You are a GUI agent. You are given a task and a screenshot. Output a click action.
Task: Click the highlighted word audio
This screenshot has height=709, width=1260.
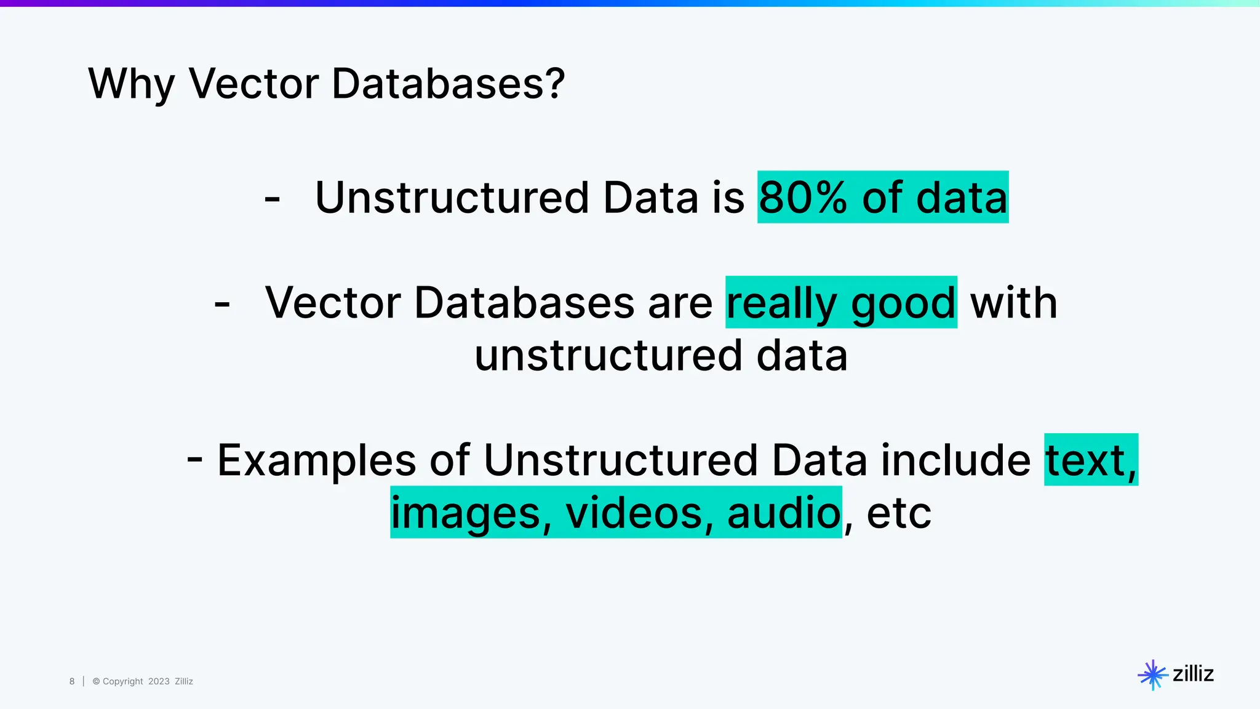coord(784,513)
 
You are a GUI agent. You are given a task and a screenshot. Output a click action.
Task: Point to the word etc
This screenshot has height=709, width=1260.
coord(899,513)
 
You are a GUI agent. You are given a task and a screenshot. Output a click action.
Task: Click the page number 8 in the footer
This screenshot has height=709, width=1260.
coord(72,681)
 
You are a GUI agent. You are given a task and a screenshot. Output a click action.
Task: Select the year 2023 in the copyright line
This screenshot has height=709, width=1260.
coord(159,681)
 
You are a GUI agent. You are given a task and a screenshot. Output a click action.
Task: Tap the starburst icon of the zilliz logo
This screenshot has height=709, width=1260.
coord(1152,675)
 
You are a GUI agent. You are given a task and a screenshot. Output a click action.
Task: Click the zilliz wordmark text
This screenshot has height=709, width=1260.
coord(1193,674)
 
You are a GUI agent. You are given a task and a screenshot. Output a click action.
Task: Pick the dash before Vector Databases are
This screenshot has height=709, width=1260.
coord(222,304)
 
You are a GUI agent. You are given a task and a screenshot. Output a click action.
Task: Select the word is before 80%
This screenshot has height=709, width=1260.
coord(728,198)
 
